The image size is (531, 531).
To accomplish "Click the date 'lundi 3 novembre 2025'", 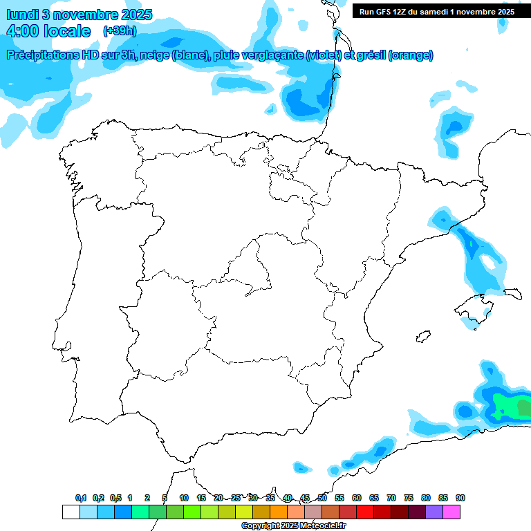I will pos(80,15).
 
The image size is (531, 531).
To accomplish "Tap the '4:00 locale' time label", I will pos(48,31).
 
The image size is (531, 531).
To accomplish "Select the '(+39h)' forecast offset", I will pos(120,31).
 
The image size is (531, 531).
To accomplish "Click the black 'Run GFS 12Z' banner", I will pos(436,11).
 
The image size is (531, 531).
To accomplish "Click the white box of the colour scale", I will pos(71,512).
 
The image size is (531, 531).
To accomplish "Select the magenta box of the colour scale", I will pos(451,512).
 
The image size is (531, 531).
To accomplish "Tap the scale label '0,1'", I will pos(81,498).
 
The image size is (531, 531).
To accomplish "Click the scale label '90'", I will pos(460,498).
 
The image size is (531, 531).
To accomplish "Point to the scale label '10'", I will pos(184,498).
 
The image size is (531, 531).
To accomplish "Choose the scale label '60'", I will pos(357,498).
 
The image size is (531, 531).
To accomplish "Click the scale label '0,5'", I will pos(115,498).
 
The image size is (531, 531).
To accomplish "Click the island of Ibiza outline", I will pos(420,337).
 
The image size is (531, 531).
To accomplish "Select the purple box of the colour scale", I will pos(434,512).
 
